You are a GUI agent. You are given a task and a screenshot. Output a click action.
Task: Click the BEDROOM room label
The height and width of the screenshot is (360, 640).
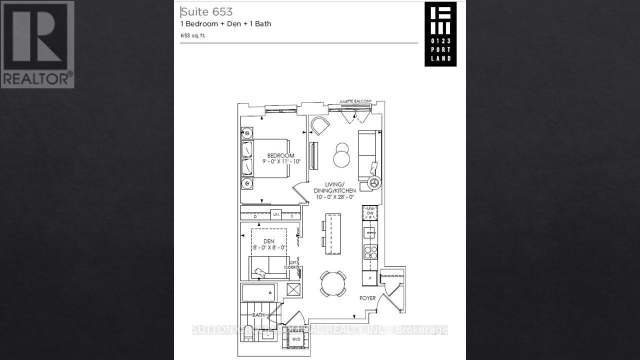(x=280, y=155)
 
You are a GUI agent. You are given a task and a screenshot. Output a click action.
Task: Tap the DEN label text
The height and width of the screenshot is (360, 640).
(x=269, y=241)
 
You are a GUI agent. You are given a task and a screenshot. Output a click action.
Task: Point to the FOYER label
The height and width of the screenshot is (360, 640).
(x=367, y=298)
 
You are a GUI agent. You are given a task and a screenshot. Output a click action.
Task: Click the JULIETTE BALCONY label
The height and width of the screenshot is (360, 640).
(x=355, y=101)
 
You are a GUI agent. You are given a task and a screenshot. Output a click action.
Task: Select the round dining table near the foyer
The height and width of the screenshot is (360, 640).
(x=333, y=283)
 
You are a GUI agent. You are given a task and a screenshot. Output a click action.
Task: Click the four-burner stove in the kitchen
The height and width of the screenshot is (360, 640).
(x=370, y=252)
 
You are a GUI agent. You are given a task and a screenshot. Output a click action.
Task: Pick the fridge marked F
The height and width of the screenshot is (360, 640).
(x=370, y=277)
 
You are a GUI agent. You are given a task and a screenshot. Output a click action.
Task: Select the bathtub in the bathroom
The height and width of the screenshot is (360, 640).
(x=258, y=292)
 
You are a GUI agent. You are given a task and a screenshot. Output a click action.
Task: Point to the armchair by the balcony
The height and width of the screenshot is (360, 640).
(x=319, y=126)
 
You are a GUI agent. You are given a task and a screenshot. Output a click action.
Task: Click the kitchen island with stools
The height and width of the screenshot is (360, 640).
(x=331, y=233)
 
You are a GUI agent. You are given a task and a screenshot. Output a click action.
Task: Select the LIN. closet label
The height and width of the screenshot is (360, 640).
(x=276, y=214)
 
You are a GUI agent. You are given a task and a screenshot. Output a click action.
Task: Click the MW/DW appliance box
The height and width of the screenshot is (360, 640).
(x=370, y=213)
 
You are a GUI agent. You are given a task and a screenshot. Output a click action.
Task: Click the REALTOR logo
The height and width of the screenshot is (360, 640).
(x=37, y=44)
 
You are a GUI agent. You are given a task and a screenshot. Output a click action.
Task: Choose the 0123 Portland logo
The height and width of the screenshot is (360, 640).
(x=440, y=34)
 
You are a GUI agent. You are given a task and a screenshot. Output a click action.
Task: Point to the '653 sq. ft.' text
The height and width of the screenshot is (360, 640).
(x=193, y=35)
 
